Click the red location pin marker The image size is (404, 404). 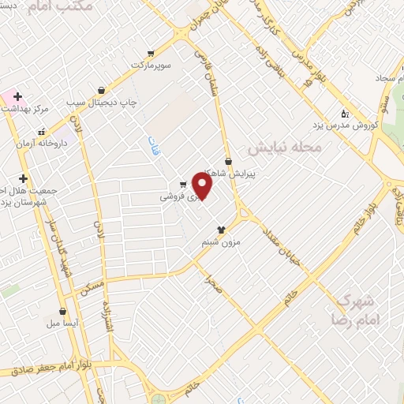point(203,186)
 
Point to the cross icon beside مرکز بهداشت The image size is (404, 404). point(17,96)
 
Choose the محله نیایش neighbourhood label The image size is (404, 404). point(285,148)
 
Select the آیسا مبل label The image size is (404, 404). point(62,324)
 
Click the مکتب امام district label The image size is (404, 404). point(59,6)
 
